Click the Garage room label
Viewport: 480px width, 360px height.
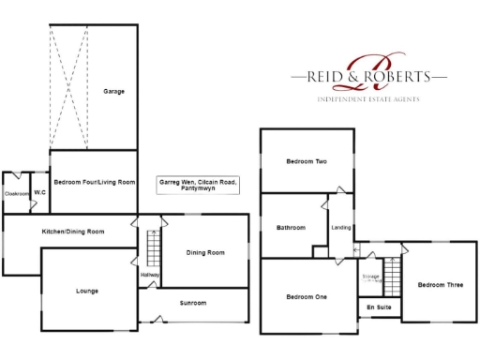[114, 91]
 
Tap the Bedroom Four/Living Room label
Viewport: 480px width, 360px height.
[95, 182]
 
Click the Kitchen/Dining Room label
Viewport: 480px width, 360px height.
[72, 231]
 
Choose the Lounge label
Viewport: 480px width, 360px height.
[86, 291]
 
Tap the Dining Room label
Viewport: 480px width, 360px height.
[205, 252]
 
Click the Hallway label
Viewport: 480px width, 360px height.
[149, 275]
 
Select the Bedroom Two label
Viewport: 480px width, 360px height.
[306, 161]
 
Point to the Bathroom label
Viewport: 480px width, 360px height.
[292, 227]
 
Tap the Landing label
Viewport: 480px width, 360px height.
[341, 227]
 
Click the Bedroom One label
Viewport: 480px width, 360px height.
[306, 297]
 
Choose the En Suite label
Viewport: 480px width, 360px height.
[379, 307]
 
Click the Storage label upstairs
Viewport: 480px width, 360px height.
[370, 277]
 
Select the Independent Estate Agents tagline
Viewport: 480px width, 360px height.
[368, 98]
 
